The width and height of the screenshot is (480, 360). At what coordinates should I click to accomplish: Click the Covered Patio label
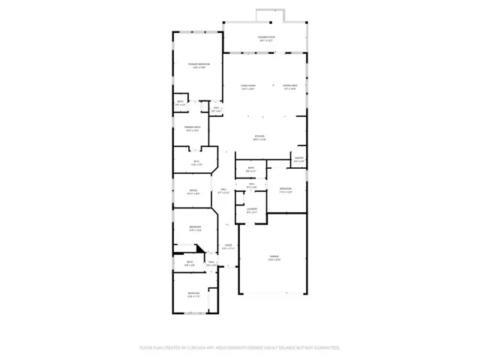[265, 37]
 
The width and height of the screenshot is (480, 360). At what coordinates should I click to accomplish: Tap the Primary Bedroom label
[199, 66]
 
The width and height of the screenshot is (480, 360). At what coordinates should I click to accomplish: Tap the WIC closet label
[196, 163]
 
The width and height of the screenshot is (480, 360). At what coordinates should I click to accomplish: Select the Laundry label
[252, 211]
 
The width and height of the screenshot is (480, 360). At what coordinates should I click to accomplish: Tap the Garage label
[274, 259]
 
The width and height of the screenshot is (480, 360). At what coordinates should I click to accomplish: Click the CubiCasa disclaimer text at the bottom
[240, 347]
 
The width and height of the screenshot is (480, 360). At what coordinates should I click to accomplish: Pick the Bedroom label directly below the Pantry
[286, 190]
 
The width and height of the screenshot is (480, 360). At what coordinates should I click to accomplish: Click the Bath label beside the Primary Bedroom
[181, 103]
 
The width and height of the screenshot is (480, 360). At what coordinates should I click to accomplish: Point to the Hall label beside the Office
[223, 191]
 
